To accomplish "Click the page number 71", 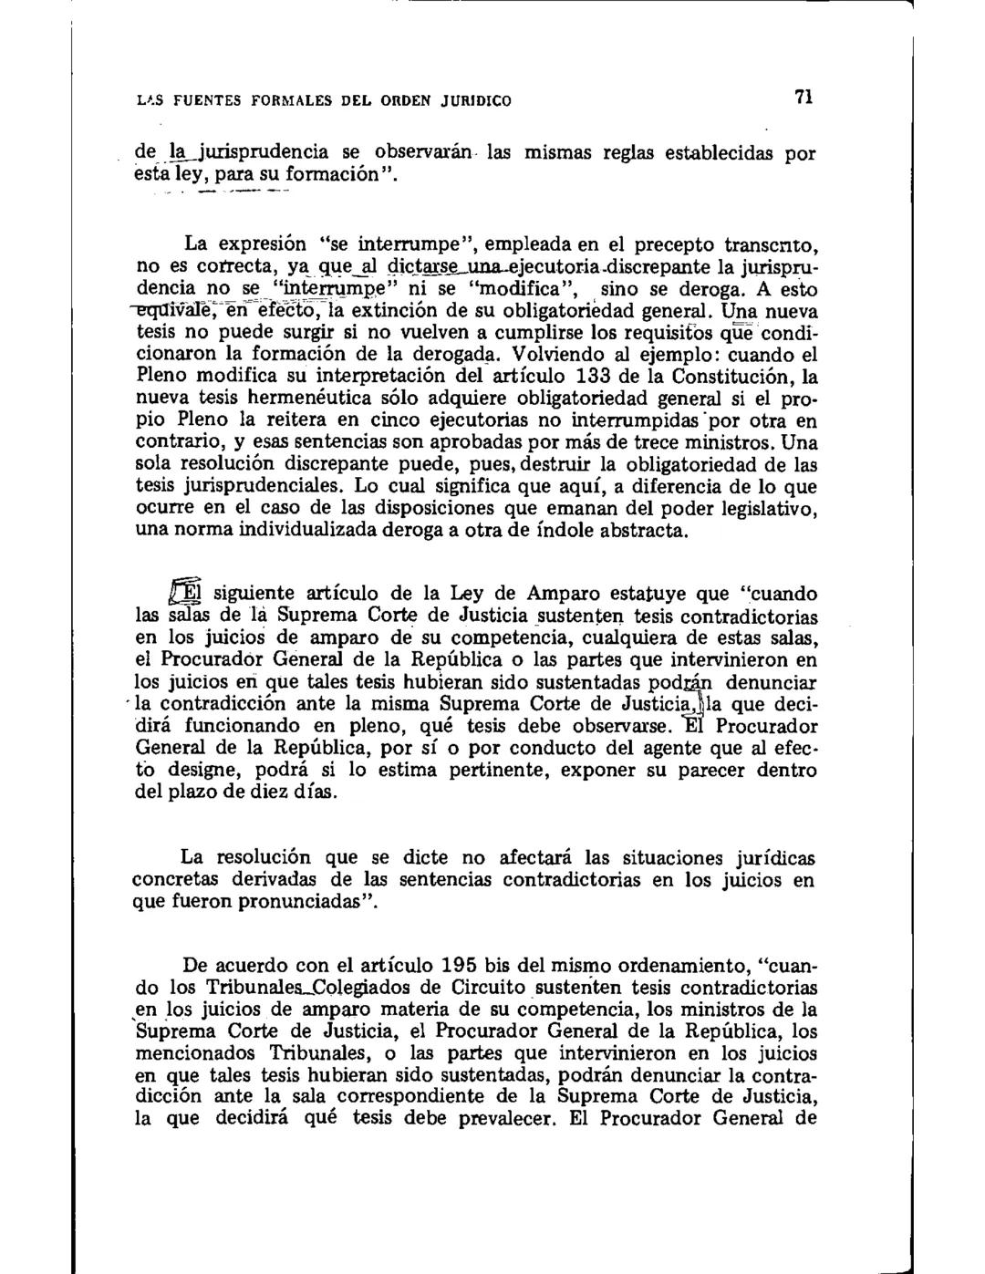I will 804,98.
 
